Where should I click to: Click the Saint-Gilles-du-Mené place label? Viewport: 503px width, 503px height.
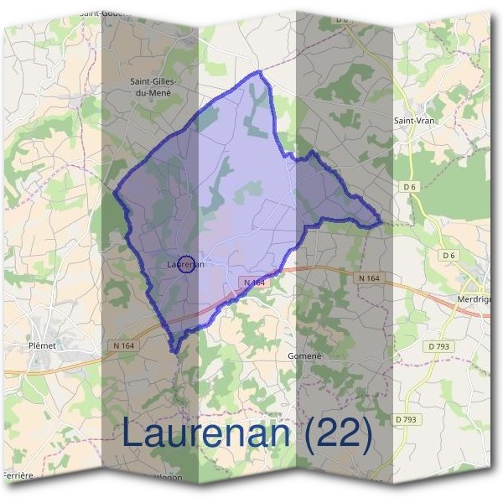pos(151,87)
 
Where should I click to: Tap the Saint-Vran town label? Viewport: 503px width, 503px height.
pos(415,121)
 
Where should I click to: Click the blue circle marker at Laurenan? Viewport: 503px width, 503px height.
pos(187,264)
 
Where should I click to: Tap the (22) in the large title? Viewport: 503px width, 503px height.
pos(338,433)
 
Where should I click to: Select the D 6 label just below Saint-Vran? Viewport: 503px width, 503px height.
pos(410,185)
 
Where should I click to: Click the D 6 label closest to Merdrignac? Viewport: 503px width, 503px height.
pos(449,255)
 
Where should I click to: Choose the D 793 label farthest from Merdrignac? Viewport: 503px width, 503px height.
pos(405,419)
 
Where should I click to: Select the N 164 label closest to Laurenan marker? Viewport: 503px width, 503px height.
pos(254,283)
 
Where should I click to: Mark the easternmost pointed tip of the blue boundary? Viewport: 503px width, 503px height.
pos(381,224)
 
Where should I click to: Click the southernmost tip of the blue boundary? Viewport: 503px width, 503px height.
pos(174,350)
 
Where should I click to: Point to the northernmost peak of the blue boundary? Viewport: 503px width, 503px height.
pos(259,74)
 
